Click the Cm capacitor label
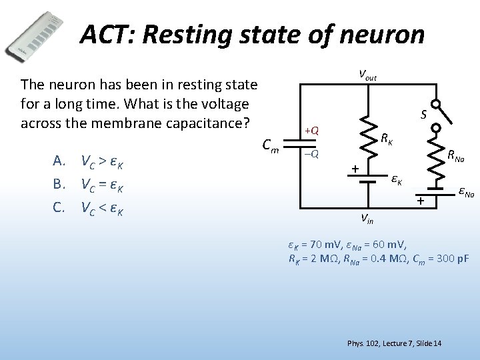[x=269, y=143]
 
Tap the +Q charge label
[x=311, y=130]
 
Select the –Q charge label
[x=311, y=154]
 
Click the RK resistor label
[x=387, y=139]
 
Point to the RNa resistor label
[x=456, y=157]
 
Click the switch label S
[x=423, y=115]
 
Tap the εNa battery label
[x=466, y=193]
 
